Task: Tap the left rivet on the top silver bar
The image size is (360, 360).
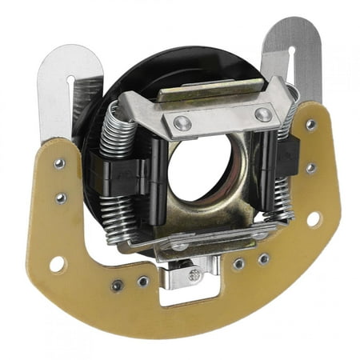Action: click(x=183, y=122)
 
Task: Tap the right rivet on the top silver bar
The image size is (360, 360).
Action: click(x=262, y=114)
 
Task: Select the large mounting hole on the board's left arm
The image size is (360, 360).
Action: click(x=58, y=262)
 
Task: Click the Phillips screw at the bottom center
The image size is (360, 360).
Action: click(x=194, y=274)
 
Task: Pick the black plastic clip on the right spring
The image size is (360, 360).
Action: click(x=286, y=152)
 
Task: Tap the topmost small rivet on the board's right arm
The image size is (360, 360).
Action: click(x=310, y=126)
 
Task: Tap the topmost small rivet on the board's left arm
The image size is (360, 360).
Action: click(x=59, y=163)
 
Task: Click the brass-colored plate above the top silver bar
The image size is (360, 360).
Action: click(x=210, y=90)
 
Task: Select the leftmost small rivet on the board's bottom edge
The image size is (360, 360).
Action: click(x=118, y=285)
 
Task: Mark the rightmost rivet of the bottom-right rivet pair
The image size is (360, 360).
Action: click(x=263, y=258)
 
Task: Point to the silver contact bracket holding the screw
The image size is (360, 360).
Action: click(x=190, y=276)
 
